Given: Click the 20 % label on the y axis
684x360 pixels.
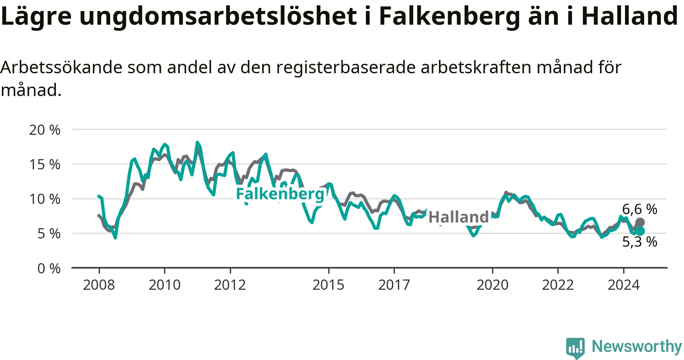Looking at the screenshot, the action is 44,130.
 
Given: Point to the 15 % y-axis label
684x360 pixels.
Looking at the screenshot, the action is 44,164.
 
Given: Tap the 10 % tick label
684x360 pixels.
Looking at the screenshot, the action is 44,199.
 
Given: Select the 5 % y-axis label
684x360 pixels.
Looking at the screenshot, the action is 49,234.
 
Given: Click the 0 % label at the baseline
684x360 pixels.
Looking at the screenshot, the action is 49,268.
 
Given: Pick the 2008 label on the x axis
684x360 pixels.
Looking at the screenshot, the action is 99,285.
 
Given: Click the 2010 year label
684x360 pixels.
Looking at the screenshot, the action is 165,285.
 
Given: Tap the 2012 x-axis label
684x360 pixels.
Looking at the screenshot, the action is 230,285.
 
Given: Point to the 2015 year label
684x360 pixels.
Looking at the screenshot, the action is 328,285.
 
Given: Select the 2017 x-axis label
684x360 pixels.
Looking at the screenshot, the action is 394,285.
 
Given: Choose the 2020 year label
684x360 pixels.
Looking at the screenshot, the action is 492,285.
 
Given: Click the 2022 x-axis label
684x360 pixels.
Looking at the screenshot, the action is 558,285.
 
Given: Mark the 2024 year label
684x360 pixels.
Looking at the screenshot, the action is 624,285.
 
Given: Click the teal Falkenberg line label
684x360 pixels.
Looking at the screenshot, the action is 280,194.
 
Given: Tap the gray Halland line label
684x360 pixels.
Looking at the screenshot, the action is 459,217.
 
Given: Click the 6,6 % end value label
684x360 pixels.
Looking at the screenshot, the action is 640,209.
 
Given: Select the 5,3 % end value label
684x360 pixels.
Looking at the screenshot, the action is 640,242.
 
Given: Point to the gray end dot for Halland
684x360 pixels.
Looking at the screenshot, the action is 640,223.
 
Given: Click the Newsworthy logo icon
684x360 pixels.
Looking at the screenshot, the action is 575,347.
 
